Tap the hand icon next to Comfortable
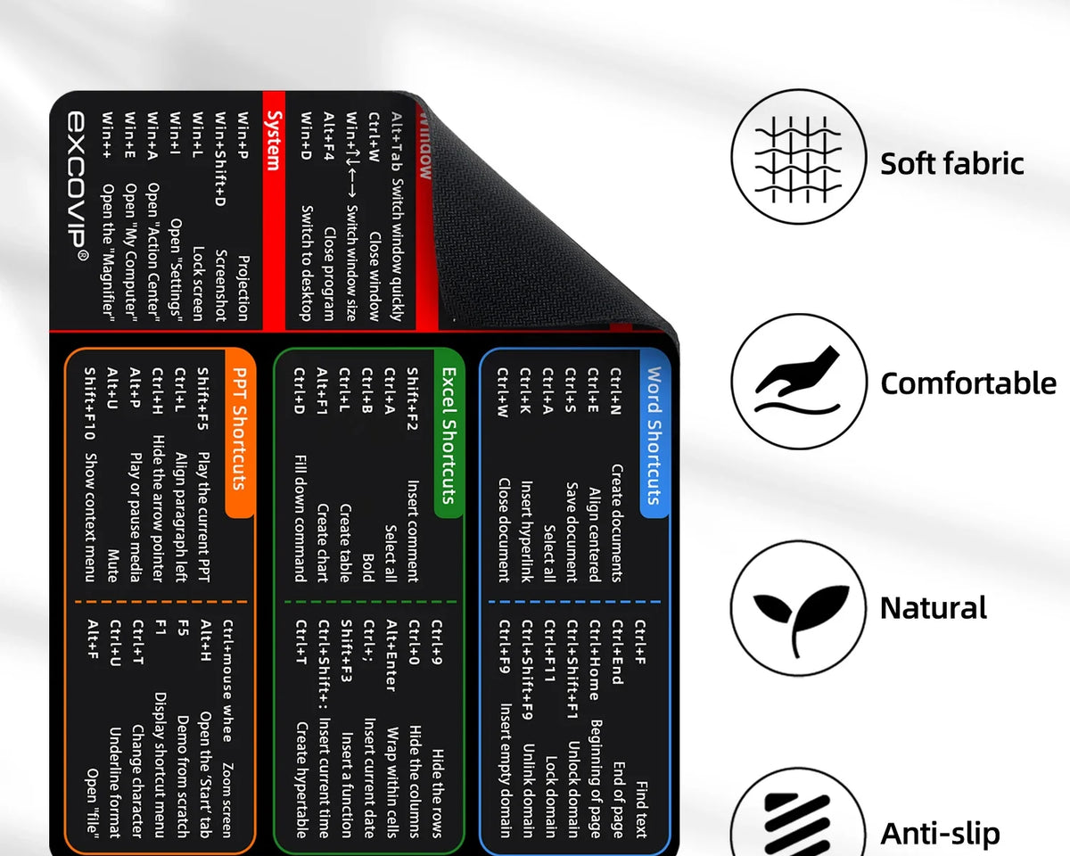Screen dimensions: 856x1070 point(799,382)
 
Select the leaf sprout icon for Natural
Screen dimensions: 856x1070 point(799,609)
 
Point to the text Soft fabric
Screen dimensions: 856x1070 point(951,163)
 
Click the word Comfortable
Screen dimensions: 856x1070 point(967,383)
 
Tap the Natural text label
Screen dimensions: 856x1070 point(933,608)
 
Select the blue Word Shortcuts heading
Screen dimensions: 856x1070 point(654,435)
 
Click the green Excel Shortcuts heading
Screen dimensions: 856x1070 point(449,435)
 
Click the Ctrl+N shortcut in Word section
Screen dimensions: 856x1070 point(616,391)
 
